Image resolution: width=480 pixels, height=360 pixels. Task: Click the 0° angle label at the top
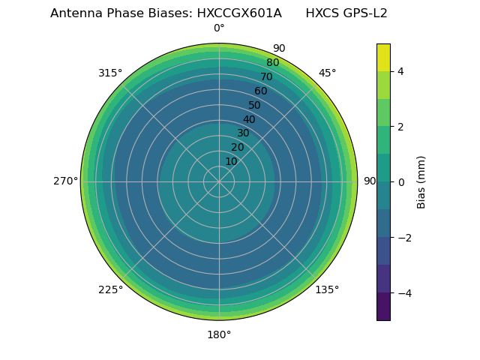219,28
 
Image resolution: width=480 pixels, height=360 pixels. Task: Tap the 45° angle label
327,73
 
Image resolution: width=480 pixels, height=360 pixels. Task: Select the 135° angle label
327,289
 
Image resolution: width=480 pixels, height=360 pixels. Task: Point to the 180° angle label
219,334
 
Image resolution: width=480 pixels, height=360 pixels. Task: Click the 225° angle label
110,289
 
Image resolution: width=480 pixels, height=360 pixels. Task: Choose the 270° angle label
65,181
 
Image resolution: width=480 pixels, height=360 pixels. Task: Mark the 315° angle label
110,73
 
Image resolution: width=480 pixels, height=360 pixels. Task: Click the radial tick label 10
231,161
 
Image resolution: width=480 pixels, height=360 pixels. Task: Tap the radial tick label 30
243,133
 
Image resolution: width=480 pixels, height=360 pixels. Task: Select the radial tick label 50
255,105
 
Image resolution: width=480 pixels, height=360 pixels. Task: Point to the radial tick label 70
267,76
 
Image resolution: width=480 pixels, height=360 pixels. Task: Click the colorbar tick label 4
400,71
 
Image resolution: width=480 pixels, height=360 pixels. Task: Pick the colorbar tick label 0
400,182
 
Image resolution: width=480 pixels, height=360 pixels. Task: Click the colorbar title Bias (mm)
421,181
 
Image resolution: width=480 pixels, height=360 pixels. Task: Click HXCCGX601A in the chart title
239,13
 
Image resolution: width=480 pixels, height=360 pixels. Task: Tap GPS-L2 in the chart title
364,13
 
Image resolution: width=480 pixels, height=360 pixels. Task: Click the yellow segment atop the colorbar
383,57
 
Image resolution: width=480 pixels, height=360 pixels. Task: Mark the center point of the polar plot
219,181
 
